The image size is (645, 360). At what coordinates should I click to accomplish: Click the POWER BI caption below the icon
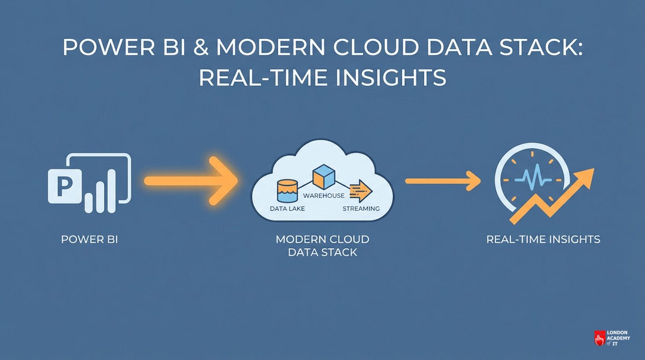click(x=89, y=239)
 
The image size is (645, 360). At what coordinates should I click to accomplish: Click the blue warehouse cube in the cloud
click(x=324, y=176)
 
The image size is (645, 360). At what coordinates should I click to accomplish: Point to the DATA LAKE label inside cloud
click(x=287, y=208)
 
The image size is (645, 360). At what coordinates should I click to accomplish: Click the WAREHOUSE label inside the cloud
click(x=324, y=196)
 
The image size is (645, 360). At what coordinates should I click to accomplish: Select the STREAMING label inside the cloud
click(x=361, y=208)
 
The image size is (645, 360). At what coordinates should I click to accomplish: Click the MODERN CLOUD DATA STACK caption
click(x=322, y=245)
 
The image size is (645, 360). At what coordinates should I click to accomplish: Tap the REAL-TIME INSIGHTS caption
click(x=543, y=239)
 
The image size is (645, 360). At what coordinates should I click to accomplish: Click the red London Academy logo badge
click(x=599, y=338)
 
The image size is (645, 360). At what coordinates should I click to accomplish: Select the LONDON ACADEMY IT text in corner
click(x=618, y=338)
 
